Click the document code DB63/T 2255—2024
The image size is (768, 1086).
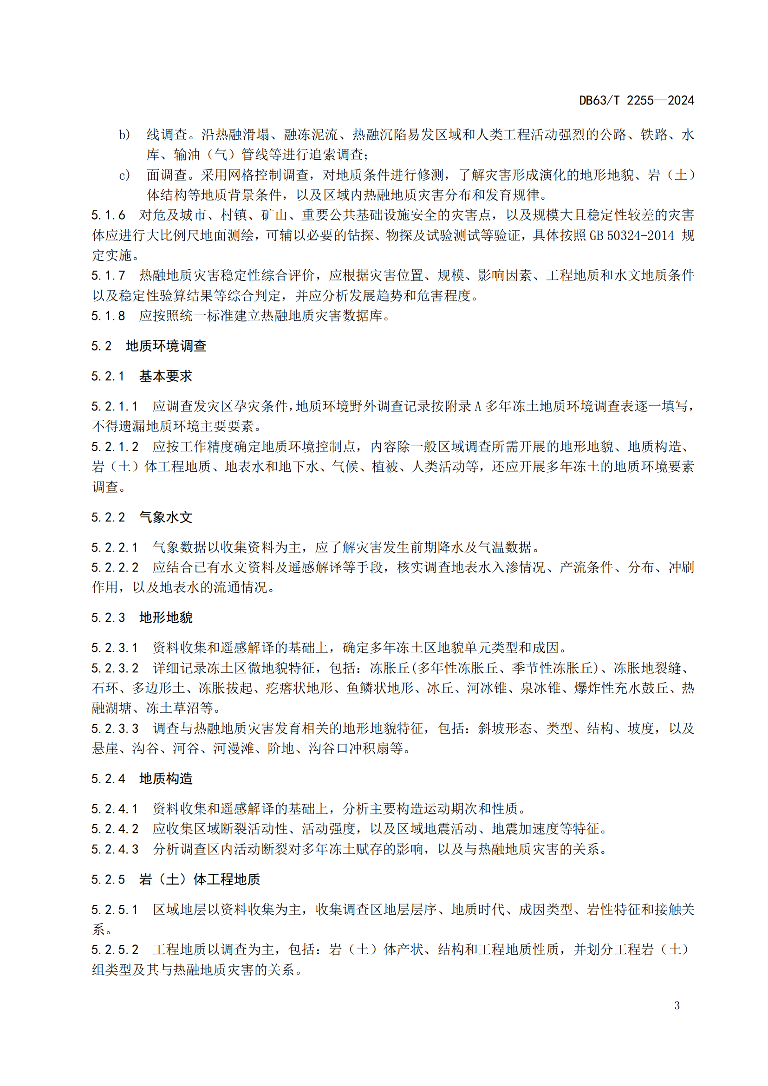pyautogui.click(x=636, y=100)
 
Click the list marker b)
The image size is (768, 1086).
pyautogui.click(x=124, y=135)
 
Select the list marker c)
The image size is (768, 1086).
pyautogui.click(x=124, y=176)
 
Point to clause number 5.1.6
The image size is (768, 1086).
pyautogui.click(x=108, y=215)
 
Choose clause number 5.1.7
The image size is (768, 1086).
pyautogui.click(x=108, y=275)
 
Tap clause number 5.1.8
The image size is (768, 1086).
pyautogui.click(x=108, y=315)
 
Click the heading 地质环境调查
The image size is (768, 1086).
pyautogui.click(x=166, y=346)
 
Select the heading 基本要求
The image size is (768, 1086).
pyautogui.click(x=165, y=377)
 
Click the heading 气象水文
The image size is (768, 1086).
pyautogui.click(x=165, y=517)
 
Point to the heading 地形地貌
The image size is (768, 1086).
pyautogui.click(x=165, y=618)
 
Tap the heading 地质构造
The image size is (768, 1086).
pyautogui.click(x=165, y=779)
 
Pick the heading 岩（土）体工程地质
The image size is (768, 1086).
pyautogui.click(x=200, y=880)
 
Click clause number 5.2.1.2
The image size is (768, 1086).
pyautogui.click(x=115, y=447)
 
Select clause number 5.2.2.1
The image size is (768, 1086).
pyautogui.click(x=115, y=548)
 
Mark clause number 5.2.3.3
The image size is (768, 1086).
pyautogui.click(x=115, y=729)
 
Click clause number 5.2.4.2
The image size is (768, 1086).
pyautogui.click(x=115, y=829)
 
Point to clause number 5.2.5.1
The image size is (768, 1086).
pyautogui.click(x=115, y=910)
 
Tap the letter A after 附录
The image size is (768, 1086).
pyautogui.click(x=477, y=407)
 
